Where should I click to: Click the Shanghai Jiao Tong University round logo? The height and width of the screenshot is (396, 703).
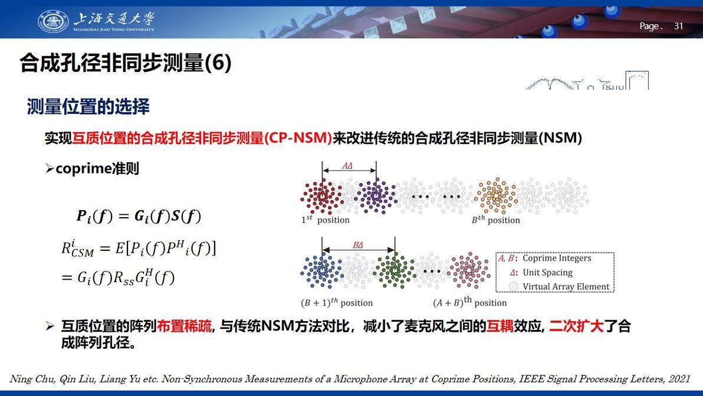53,21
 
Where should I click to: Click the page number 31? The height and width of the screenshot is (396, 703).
678,26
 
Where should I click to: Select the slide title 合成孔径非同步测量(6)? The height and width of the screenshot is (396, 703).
126,63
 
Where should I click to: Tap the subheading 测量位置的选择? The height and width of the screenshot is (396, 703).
88,107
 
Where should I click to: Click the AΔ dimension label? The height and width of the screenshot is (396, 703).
347,165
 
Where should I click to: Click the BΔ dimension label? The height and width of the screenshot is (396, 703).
358,245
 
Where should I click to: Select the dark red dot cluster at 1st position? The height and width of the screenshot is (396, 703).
321,196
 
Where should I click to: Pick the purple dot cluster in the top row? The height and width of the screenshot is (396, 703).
376,196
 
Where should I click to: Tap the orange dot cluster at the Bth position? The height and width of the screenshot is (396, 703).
496,196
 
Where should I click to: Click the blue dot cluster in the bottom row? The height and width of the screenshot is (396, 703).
321,270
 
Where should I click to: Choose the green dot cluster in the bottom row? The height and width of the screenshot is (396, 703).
395,270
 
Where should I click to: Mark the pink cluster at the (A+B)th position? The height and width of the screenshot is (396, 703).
468,270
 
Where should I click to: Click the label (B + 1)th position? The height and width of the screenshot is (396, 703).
337,303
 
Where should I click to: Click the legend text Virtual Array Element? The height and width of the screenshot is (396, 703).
566,287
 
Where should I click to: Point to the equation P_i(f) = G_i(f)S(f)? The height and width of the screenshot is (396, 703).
139,216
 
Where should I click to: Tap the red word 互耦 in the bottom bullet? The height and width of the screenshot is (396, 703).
500,326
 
